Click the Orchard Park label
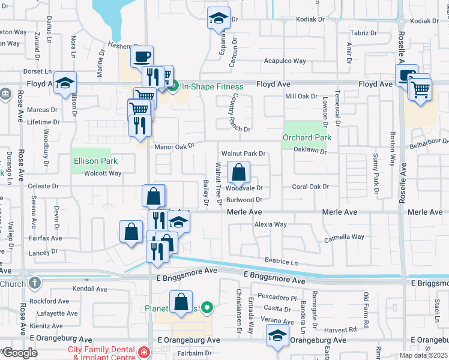307,137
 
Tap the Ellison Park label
95,161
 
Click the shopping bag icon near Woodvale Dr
238,172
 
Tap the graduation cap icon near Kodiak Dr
218,18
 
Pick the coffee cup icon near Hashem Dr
142,57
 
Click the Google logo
19,353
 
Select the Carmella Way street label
344,237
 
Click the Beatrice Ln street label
282,262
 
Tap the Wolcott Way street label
102,173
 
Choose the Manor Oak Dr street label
175,146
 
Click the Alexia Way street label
270,224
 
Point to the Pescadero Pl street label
277,297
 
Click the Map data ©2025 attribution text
423,355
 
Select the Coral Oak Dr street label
310,187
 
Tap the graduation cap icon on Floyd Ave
64,84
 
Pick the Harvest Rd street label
343,329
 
